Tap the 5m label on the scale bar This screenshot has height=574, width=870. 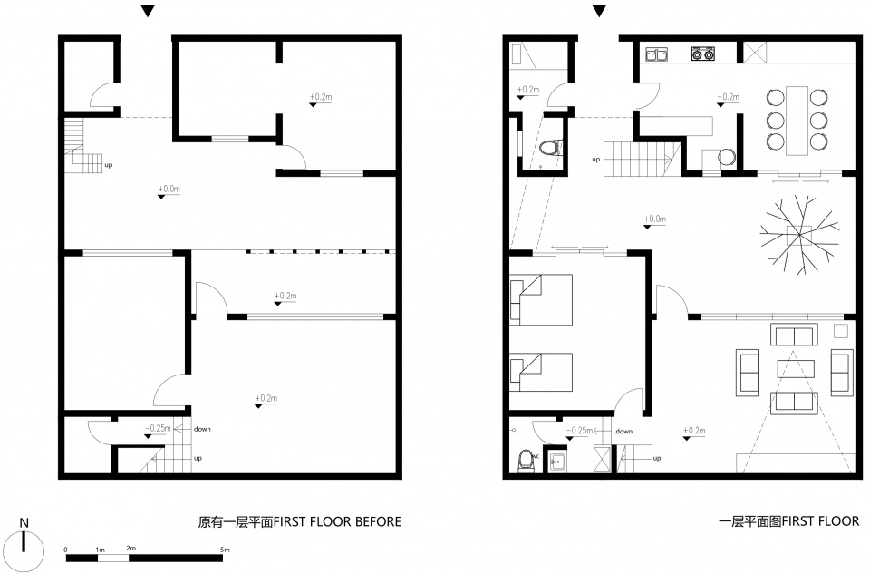click(225, 550)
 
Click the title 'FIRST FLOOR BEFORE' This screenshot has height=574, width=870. click(337, 521)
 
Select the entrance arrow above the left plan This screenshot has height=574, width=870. click(148, 11)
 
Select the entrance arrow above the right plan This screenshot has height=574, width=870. click(599, 11)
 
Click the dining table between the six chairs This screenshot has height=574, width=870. click(797, 120)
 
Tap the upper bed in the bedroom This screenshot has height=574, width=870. click(541, 299)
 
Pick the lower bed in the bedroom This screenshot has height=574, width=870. click(541, 373)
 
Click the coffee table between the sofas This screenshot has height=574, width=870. click(796, 368)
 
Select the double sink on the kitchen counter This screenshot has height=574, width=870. click(656, 54)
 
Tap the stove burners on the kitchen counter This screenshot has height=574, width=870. click(702, 54)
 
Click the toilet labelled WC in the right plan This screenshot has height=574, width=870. click(525, 461)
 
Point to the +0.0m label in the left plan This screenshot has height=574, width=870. click(169, 189)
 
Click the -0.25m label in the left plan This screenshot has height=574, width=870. click(158, 428)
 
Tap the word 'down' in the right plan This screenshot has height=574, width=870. click(623, 432)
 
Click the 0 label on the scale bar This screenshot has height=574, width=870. click(66, 550)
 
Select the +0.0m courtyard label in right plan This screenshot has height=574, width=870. click(654, 219)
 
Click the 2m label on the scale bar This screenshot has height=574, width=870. click(130, 549)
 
